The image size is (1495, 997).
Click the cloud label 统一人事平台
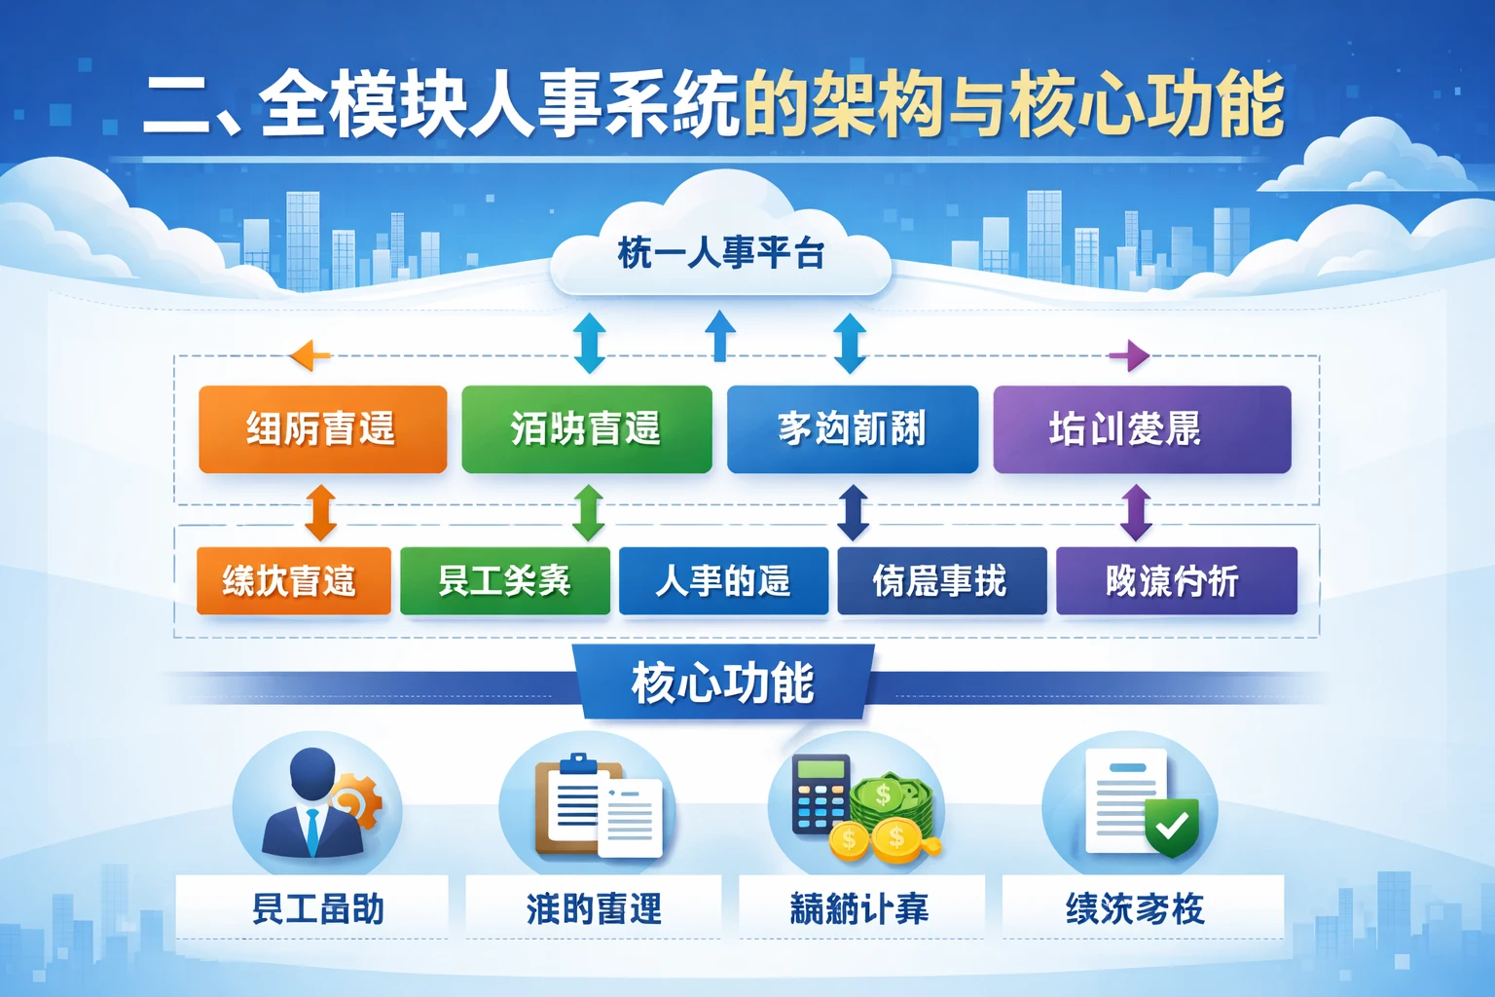[x=720, y=254]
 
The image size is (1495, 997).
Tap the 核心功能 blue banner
[x=721, y=683]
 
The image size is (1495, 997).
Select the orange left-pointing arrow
[x=310, y=355]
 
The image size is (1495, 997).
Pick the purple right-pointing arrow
[x=1129, y=355]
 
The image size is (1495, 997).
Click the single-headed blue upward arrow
[x=719, y=336]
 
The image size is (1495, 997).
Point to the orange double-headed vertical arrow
[x=321, y=512]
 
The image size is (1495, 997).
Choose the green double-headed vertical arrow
[x=588, y=512]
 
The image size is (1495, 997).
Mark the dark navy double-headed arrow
[x=853, y=512]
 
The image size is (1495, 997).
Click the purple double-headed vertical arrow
[x=1136, y=512]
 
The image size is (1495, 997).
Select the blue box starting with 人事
[x=723, y=581]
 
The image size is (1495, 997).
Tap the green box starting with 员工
[x=504, y=581]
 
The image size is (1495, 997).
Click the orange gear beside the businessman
[x=357, y=802]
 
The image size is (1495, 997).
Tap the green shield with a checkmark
[x=1172, y=826]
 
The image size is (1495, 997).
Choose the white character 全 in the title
[x=292, y=105]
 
